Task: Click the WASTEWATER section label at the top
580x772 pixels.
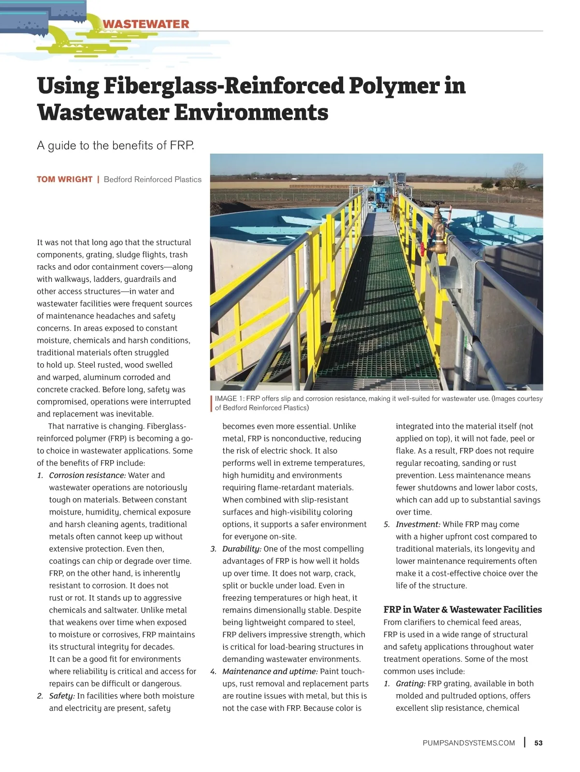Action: pos(145,24)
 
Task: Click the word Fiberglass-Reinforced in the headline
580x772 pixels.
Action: pos(223,86)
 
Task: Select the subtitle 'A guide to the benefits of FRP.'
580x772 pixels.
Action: pos(116,145)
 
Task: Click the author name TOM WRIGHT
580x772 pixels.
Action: pos(64,179)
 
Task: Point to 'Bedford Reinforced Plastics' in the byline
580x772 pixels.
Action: pos(153,179)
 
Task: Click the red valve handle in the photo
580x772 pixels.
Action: pos(422,249)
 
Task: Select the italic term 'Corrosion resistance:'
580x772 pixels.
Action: pos(87,475)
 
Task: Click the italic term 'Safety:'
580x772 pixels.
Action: pos(62,696)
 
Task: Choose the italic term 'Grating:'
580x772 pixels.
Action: pos(410,684)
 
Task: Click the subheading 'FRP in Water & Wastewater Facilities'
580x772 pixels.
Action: pos(463,610)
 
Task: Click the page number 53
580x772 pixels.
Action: pos(538,743)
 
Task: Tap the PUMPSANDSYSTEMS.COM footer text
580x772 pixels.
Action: pos(468,743)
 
